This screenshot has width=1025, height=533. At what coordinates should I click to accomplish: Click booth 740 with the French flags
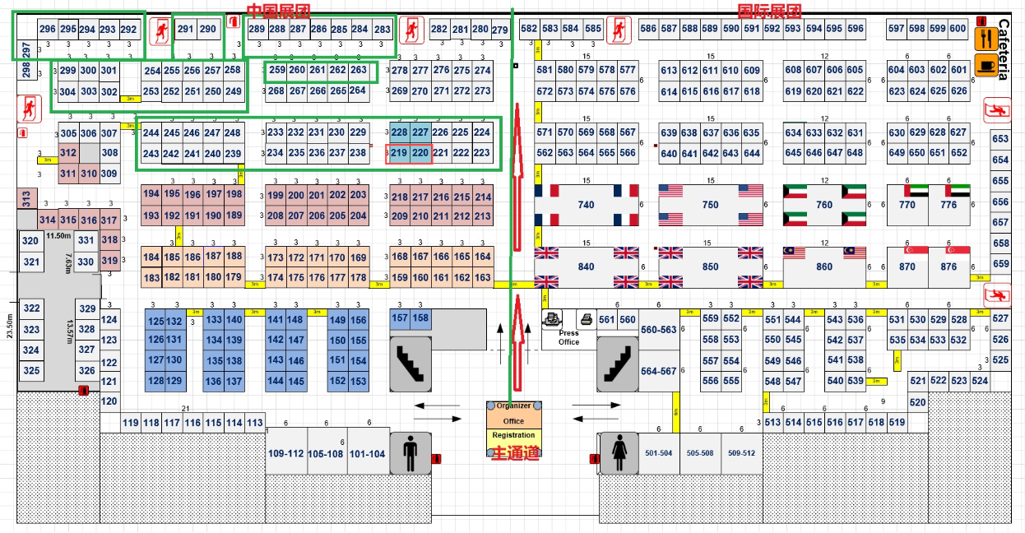click(x=586, y=205)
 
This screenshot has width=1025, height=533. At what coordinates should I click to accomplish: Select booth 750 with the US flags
click(x=710, y=205)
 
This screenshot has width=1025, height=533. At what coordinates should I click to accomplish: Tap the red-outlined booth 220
click(x=420, y=152)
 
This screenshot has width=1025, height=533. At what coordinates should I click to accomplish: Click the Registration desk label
click(x=513, y=435)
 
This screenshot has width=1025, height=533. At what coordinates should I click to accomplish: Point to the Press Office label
click(x=568, y=338)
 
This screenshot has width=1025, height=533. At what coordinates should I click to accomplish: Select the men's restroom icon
click(x=410, y=453)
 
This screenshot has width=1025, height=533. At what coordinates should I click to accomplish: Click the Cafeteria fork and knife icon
click(x=986, y=38)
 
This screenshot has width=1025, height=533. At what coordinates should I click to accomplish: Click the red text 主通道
click(x=515, y=453)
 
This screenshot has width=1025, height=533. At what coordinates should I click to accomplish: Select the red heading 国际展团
click(x=768, y=10)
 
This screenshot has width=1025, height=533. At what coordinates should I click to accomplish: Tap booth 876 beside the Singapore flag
click(x=948, y=266)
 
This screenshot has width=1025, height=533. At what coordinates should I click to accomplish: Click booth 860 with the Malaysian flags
click(x=824, y=266)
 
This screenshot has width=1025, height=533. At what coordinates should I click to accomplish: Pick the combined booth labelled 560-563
click(x=658, y=330)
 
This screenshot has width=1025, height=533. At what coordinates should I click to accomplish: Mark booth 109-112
click(x=285, y=454)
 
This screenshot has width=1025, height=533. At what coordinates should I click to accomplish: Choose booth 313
click(x=26, y=198)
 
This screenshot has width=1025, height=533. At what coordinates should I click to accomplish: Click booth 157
click(x=400, y=317)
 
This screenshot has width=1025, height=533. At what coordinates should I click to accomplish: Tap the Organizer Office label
click(x=513, y=413)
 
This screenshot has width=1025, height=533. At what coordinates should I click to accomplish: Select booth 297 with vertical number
click(x=26, y=50)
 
